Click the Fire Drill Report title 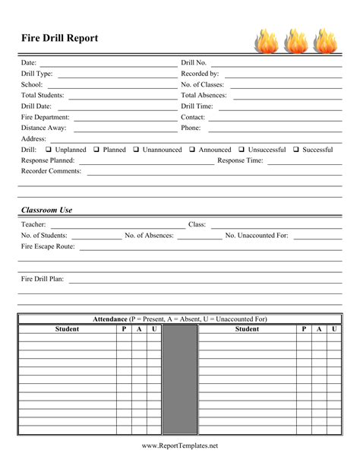[x=59, y=38]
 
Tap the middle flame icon [x=296, y=41]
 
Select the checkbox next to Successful [x=296, y=150]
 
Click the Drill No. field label [x=194, y=62]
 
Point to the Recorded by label [x=200, y=74]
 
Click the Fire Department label [x=45, y=117]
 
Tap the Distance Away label [x=43, y=128]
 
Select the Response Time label [x=240, y=160]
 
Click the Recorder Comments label [x=51, y=171]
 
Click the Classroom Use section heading [x=46, y=210]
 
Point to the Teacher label [x=33, y=224]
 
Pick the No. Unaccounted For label [x=257, y=235]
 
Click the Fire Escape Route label [x=48, y=246]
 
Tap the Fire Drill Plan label [x=43, y=279]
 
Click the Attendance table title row [x=180, y=319]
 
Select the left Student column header [x=67, y=329]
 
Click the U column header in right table [x=334, y=329]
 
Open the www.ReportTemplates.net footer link [x=180, y=445]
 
